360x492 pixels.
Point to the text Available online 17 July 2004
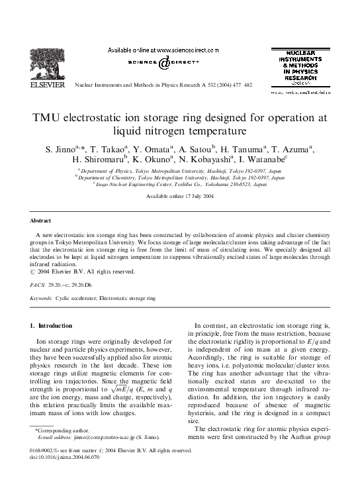pyautogui.click(x=179, y=198)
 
